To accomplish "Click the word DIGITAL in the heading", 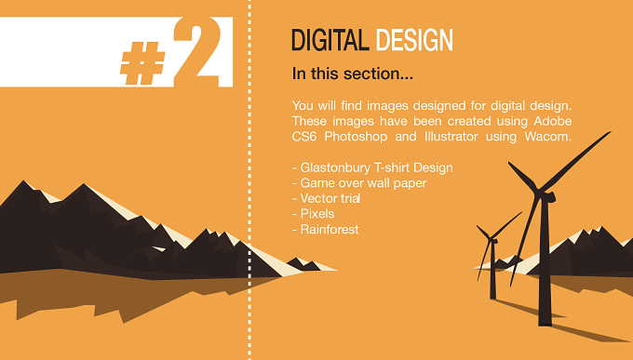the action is (x=330, y=40).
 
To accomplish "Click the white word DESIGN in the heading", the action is (x=414, y=40).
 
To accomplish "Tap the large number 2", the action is (x=197, y=51).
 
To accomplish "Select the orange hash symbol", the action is (x=143, y=63).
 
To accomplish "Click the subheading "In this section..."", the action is (x=353, y=73).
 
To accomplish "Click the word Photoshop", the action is (x=356, y=137).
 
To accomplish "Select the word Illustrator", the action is (x=451, y=137).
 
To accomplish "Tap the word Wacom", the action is (x=547, y=137).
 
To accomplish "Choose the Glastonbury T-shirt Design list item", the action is (x=372, y=167).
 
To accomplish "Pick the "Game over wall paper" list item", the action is (x=359, y=183).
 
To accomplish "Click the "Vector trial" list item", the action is (x=326, y=198).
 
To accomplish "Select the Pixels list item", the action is (x=314, y=214).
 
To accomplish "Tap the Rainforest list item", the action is (x=326, y=229).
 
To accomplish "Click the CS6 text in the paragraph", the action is (x=304, y=137).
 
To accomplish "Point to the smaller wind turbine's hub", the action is (x=492, y=240).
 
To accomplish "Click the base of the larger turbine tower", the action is (x=545, y=323).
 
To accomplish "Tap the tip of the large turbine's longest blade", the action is (x=610, y=131).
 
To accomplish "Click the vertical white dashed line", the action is (x=249, y=180).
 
